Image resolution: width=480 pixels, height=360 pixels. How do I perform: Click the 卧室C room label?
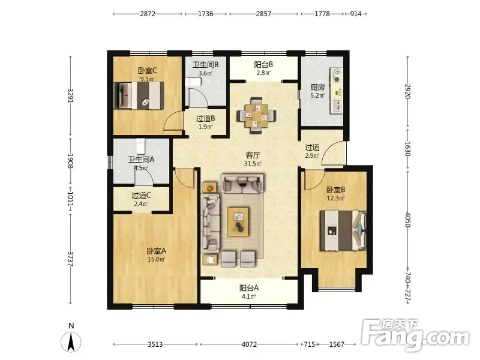pos(147,71)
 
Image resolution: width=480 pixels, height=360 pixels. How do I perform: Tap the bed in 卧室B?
pos(343,230)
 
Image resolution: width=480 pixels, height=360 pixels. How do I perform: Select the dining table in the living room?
pos(256,116)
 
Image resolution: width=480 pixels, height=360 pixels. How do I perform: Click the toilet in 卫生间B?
pos(193,82)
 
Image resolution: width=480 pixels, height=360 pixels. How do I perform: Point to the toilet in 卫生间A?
pos(140,146)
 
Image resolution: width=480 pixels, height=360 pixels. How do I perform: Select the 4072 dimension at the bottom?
pos(249,344)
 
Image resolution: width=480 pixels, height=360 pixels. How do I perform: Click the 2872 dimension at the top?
pos(148,14)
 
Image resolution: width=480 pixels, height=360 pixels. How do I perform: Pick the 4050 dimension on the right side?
pos(408,220)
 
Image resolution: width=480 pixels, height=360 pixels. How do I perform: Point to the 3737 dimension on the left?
pos(70,259)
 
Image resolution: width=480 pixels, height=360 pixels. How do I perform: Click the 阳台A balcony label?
pos(249,288)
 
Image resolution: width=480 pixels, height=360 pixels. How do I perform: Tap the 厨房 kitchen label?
pos(317,87)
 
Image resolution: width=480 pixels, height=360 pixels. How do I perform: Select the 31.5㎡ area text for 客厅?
pos(253,164)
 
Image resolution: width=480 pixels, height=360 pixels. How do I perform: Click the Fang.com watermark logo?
pos(415,335)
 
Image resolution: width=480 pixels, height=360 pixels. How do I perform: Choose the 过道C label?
pos(141,196)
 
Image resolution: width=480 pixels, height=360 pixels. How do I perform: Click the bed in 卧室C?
pos(139,95)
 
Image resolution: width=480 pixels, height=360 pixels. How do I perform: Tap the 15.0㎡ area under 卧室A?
pos(157,260)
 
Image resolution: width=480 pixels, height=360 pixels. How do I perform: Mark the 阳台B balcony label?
pos(263,65)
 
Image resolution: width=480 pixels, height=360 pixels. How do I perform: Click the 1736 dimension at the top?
pos(205,14)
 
